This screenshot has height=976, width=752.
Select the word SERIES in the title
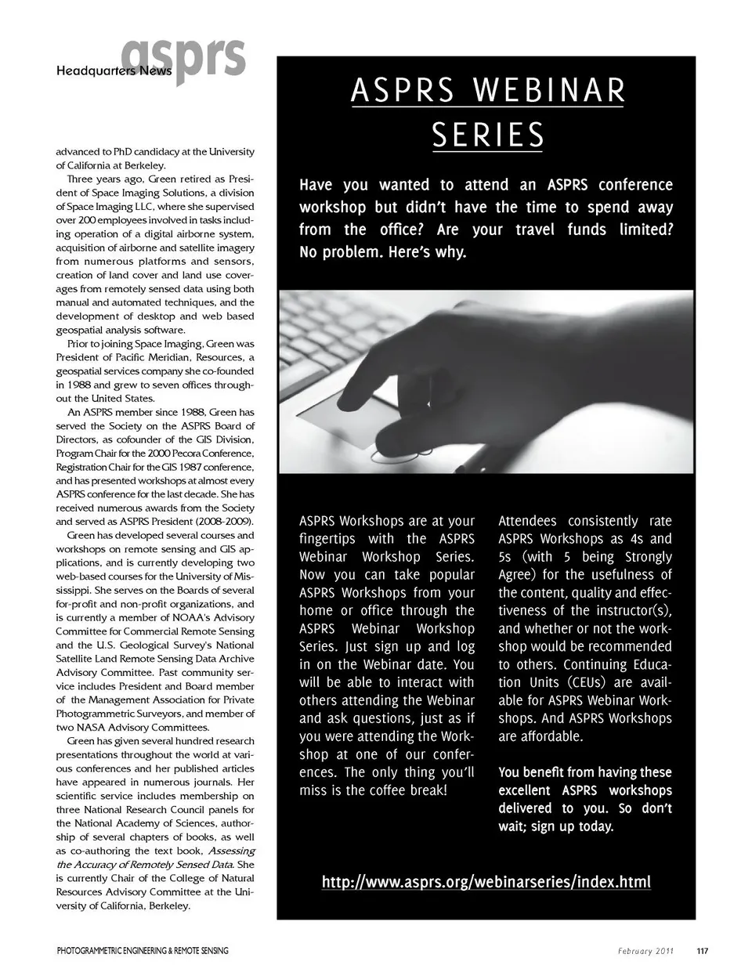pos(487,136)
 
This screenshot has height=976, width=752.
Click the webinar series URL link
pos(486,882)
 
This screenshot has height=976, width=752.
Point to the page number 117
pos(702,951)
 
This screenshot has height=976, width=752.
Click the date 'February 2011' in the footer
pos(645,951)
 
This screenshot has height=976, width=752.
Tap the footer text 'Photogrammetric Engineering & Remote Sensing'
pos(143,951)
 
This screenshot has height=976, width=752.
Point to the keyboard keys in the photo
pos(329,329)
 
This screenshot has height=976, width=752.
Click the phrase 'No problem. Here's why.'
pos(383,253)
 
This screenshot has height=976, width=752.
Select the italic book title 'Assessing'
pos(231,851)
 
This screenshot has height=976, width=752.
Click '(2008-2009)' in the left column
pos(228,522)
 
